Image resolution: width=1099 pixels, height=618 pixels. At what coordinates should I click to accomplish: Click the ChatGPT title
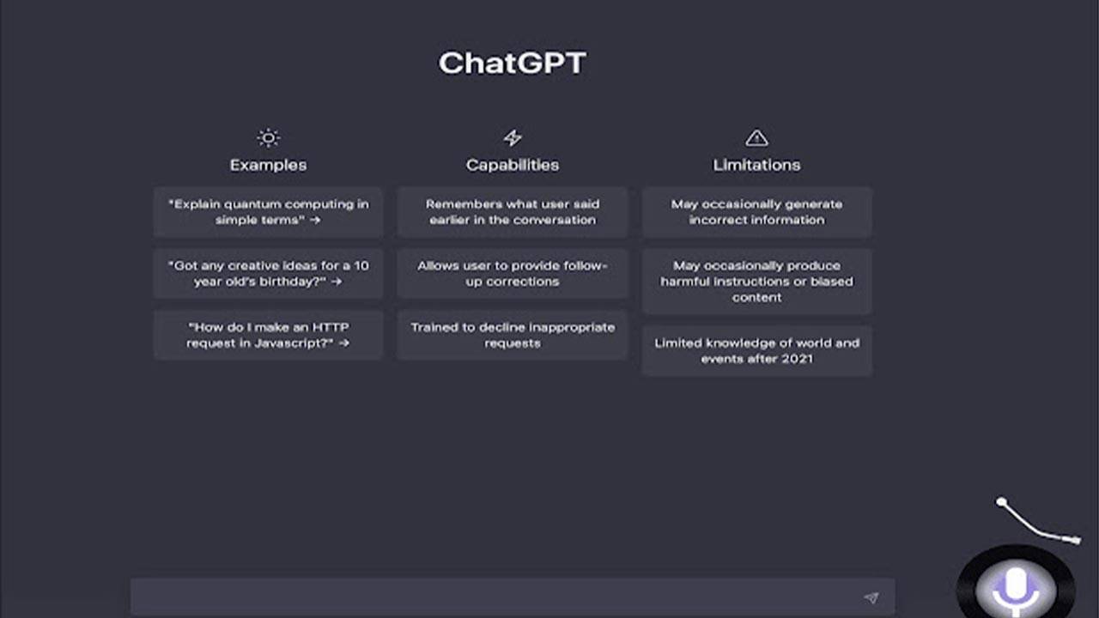tap(512, 64)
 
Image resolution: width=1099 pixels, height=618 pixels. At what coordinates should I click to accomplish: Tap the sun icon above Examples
tap(268, 137)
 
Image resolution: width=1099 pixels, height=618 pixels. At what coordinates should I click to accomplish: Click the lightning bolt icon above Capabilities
tap(513, 137)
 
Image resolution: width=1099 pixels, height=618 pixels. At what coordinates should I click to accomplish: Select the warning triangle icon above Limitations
tap(756, 137)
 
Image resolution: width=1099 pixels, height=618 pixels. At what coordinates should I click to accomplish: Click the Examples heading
tap(268, 165)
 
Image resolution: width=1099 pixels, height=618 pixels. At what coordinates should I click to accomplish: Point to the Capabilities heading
tap(513, 165)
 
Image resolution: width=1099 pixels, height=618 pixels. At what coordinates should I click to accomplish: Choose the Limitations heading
tap(756, 165)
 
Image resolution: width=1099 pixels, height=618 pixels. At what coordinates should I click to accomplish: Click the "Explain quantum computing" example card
tap(268, 212)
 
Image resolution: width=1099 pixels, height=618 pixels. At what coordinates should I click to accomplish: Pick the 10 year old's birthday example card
tap(268, 274)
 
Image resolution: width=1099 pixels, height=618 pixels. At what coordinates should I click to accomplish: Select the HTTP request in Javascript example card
tap(268, 335)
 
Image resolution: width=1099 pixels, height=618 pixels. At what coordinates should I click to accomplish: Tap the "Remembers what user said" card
tap(513, 212)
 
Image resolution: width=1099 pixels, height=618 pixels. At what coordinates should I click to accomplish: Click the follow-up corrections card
tap(513, 274)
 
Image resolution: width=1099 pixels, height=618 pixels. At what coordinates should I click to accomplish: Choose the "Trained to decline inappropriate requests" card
tap(513, 335)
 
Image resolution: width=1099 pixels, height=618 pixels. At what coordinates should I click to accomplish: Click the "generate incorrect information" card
tap(756, 212)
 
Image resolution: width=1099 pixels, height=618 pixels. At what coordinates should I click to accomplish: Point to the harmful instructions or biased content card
tap(756, 282)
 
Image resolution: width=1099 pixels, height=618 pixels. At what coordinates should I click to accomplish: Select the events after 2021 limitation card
tap(756, 350)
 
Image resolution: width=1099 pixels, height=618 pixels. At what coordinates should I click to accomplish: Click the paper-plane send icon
tap(871, 597)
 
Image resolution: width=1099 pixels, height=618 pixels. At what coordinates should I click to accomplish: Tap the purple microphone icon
tap(1016, 587)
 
